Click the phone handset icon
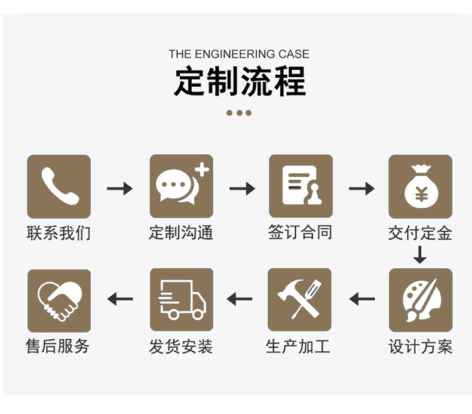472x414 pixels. pos(59,186)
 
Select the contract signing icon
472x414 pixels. pos(300,186)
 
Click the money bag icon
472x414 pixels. pos(420,186)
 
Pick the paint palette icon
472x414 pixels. pos(420,300)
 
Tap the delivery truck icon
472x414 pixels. pos(181,300)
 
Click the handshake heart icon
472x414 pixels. pos(59,300)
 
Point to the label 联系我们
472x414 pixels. pos(59,232)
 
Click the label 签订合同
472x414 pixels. pos(300,232)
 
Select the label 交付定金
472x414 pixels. pos(420,232)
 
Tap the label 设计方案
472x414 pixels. pos(420,346)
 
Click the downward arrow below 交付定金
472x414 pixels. pos(420,255)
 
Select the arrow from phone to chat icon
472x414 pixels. pos(119,189)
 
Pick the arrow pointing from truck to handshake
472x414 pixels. pos(120,298)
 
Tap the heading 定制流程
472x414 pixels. pos(240,82)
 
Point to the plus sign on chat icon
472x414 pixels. pos(203,170)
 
